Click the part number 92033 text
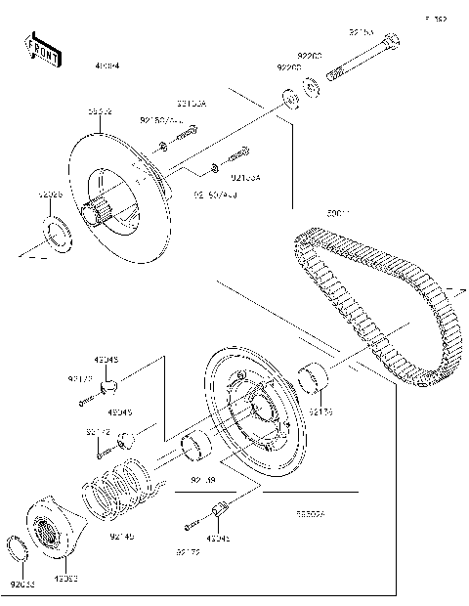coord(21,585)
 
